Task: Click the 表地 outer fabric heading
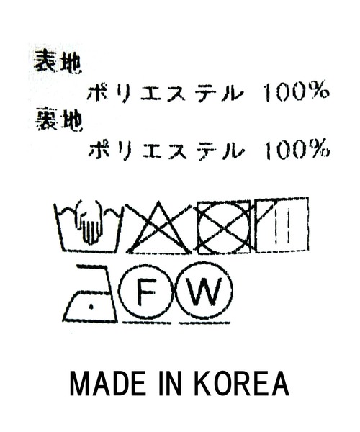(x=58, y=62)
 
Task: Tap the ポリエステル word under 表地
(x=165, y=93)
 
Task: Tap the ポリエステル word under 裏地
(x=166, y=150)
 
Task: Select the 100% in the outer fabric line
(x=297, y=91)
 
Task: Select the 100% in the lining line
(x=297, y=149)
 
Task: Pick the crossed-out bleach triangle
(x=158, y=228)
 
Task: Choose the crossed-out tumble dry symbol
(x=224, y=228)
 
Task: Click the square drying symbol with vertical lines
(x=282, y=225)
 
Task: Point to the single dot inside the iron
(x=91, y=307)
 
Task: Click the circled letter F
(x=146, y=291)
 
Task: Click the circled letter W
(x=204, y=291)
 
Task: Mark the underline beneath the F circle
(x=147, y=323)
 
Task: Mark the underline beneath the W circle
(x=204, y=323)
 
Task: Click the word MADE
(x=107, y=384)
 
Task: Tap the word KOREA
(x=242, y=384)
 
